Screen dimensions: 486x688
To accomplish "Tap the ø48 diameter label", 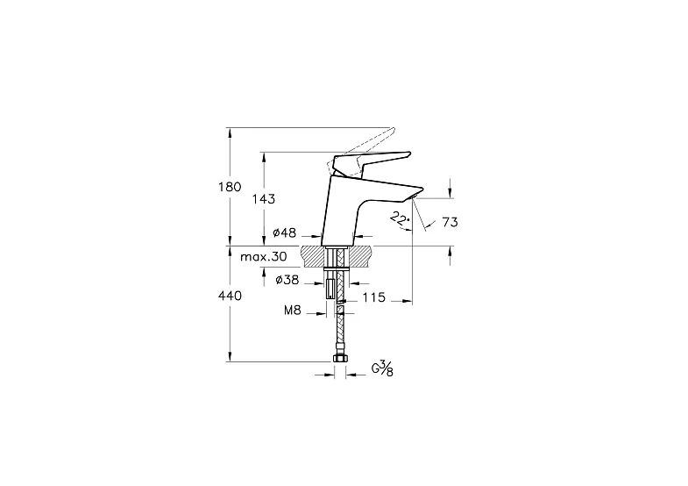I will point(285,233).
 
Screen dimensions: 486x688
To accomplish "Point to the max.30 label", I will point(264,256).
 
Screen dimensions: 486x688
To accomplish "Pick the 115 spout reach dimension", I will point(374,298).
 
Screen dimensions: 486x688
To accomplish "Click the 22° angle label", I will point(399,217).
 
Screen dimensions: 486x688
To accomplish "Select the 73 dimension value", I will point(450,223).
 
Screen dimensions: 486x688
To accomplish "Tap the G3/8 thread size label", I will point(382,368).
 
